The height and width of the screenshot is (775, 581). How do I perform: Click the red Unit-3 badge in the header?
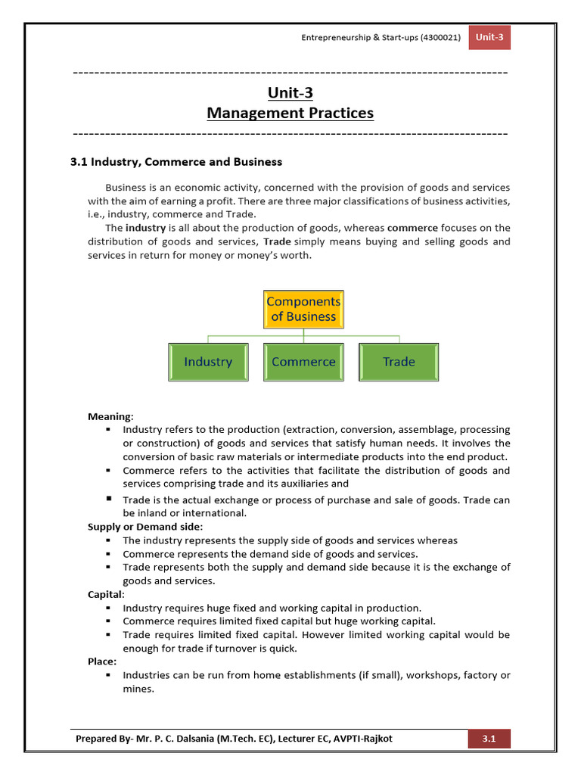[x=489, y=38]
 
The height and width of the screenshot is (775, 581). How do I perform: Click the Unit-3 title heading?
[x=290, y=93]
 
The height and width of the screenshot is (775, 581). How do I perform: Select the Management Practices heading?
[x=290, y=114]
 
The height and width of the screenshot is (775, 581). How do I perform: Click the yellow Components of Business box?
[x=303, y=309]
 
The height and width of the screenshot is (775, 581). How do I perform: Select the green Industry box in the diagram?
[x=208, y=362]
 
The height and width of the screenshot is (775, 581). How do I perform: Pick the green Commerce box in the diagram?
[x=303, y=362]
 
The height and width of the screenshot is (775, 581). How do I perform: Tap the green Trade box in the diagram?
[x=399, y=362]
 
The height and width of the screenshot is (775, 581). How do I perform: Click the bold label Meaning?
[x=110, y=416]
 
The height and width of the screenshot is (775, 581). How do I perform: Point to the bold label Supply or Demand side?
[x=144, y=527]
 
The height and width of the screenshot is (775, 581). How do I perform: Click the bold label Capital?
[x=105, y=595]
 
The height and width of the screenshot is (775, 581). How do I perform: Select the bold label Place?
[x=101, y=661]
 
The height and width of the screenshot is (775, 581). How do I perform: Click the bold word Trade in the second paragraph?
[x=278, y=241]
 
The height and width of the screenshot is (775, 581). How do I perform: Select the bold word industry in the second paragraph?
[x=145, y=228]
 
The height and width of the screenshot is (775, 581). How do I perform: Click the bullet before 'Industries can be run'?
[x=109, y=675]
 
